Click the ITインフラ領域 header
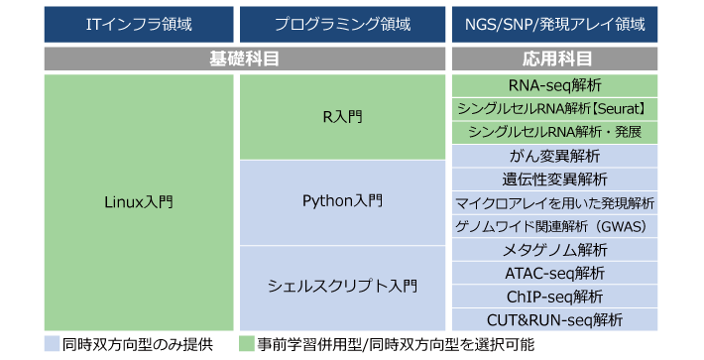pyautogui.click(x=139, y=24)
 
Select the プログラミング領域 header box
pyautogui.click(x=342, y=24)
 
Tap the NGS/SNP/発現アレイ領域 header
pyautogui.click(x=554, y=24)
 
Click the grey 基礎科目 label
pyautogui.click(x=245, y=59)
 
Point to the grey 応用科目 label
pyautogui.click(x=554, y=59)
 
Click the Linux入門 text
pyautogui.click(x=139, y=202)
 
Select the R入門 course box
pyautogui.click(x=342, y=117)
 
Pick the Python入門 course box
pyautogui.click(x=342, y=203)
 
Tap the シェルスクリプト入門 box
pyautogui.click(x=342, y=289)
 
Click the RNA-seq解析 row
pyautogui.click(x=554, y=85)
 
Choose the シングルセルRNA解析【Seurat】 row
pyautogui.click(x=554, y=109)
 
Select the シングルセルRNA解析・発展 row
pyautogui.click(x=554, y=133)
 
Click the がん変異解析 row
pyautogui.click(x=554, y=156)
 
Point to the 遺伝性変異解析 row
pyautogui.click(x=554, y=180)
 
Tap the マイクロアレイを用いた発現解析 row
pyautogui.click(x=554, y=203)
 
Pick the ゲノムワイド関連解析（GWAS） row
pyautogui.click(x=554, y=226)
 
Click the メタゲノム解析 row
pyautogui.click(x=554, y=250)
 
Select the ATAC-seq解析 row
pyautogui.click(x=554, y=273)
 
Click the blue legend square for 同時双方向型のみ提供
pyautogui.click(x=53, y=343)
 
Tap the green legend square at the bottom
pyautogui.click(x=247, y=343)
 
